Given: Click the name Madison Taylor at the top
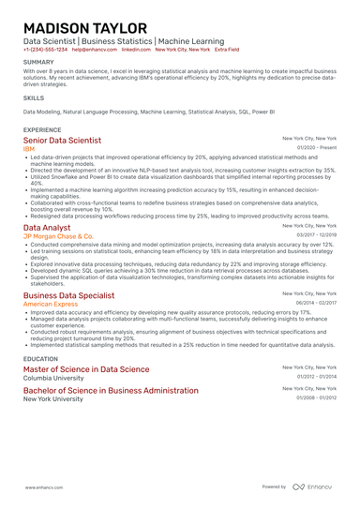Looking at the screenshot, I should tap(83, 27).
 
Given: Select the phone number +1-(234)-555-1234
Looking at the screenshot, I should tap(45, 49).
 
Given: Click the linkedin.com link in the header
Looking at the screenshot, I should tap(136, 49).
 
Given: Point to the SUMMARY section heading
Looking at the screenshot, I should tap(39, 63).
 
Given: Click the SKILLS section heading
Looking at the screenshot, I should tap(34, 97).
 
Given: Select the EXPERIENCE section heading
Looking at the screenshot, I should tap(42, 129).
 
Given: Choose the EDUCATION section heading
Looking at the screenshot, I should tap(40, 358).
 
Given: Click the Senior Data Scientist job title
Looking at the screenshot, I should tap(62, 140).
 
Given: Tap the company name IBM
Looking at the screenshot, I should tap(29, 148).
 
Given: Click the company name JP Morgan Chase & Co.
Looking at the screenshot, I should tap(58, 236).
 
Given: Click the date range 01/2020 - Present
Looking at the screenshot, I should tap(317, 148).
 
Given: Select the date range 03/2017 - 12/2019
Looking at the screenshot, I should tap(317, 236).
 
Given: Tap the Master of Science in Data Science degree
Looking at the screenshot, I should tap(85, 369).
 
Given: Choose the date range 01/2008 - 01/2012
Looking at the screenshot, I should tap(317, 397).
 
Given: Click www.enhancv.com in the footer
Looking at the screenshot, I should tap(44, 487).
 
